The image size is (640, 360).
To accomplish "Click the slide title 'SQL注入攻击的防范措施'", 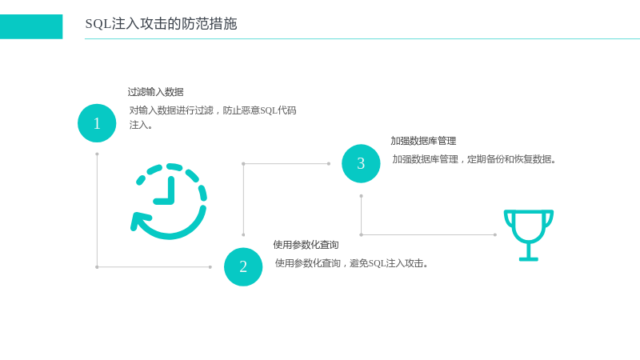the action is point(161,24).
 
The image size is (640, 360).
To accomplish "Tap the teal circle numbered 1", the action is point(97,123).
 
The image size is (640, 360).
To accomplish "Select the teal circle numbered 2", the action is point(243,267).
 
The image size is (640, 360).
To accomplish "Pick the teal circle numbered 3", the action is point(361,164).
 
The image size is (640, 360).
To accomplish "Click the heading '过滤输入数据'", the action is point(155,92).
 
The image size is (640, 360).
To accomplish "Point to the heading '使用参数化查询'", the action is point(306,245).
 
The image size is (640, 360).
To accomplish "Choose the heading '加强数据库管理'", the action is point(423,141).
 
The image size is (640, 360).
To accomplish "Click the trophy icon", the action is point(529,235).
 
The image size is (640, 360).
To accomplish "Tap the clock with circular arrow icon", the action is point(169,202).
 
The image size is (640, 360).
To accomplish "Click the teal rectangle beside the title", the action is point(31,26).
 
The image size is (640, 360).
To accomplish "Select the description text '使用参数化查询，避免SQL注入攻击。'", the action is point(351,263).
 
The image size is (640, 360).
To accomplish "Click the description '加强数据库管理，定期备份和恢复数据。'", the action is point(474,159).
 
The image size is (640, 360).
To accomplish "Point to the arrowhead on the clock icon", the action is point(139,221).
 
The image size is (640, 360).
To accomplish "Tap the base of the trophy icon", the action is point(529,258).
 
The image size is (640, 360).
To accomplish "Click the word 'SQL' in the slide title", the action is point(98,24).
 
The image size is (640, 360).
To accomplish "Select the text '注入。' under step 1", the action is point(142,125).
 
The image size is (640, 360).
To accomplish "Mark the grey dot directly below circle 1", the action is point(97,154).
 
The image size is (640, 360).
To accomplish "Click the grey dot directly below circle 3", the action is point(361,196).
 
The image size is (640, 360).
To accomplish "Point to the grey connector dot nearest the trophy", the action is point(494,234).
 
